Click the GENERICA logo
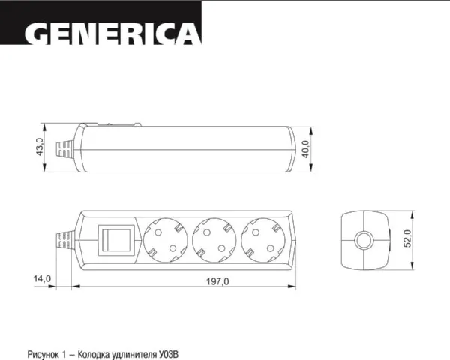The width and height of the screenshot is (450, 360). pos(113,34)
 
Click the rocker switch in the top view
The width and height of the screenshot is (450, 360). pos(117,240)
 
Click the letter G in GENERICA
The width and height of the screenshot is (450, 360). pos(37,34)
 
